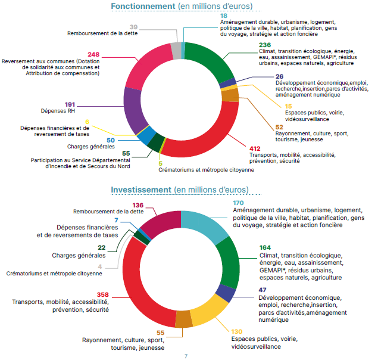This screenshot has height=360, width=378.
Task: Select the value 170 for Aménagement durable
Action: [x=239, y=203]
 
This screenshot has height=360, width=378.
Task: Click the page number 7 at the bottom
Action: [x=186, y=356]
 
